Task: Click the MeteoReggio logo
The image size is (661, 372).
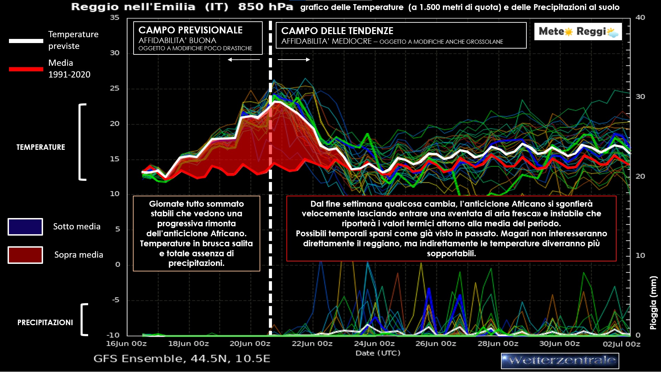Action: coord(578,32)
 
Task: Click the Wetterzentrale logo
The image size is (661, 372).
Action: coord(560,361)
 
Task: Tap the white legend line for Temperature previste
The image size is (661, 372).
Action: coord(26,41)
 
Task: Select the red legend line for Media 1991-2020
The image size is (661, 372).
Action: coord(26,69)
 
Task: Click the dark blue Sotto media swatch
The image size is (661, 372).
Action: coord(25,227)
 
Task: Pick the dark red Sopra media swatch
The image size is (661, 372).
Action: coord(25,255)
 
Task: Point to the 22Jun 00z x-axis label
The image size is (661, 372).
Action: coord(312,344)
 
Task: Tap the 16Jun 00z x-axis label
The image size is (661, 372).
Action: coord(126,344)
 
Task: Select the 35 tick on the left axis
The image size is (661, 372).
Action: coord(115,18)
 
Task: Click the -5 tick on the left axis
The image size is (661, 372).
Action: coord(116,300)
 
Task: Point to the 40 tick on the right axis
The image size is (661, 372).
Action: coord(640,18)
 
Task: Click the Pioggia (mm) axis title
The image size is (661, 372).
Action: coord(653,303)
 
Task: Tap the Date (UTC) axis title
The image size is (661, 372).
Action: coord(378,353)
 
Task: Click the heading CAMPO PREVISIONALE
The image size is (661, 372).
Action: coord(190,30)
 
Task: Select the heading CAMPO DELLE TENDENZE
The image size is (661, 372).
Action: coord(337,31)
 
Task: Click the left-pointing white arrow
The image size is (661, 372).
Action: coord(244,60)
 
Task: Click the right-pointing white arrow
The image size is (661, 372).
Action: coord(294,60)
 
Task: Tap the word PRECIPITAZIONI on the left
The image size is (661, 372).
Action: coord(45,322)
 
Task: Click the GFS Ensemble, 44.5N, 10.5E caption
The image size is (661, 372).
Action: coord(182,359)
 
